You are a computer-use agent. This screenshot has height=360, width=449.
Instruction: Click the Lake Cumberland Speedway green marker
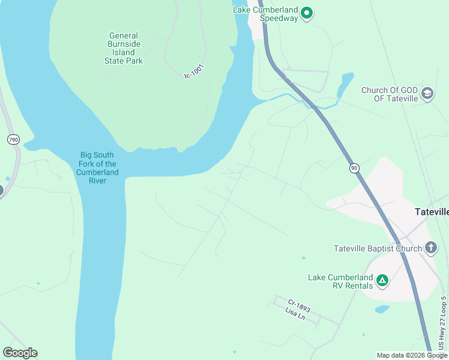pos(307,13)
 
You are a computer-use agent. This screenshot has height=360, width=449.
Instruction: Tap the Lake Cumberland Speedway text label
pos(265,14)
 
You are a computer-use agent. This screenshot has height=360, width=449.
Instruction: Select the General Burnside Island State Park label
pos(124,49)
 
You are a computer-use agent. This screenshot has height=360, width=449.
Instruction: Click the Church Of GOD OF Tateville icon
pos(427,92)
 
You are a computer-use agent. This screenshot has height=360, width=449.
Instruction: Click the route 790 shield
pos(13,139)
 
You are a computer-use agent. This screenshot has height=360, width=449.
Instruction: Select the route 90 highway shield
pos(354,168)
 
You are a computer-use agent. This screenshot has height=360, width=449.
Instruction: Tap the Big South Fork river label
pos(98,168)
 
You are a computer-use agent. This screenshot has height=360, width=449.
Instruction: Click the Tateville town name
pos(432,212)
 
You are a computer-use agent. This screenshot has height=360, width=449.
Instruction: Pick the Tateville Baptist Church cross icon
pos(430,247)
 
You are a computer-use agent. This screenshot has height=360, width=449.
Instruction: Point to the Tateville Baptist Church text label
pos(378,248)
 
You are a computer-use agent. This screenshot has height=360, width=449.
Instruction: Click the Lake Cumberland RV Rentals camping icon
pos(382,280)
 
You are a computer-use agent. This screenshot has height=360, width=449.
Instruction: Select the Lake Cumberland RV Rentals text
pos(340,281)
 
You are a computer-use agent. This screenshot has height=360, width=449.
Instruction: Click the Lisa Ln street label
pos(295,314)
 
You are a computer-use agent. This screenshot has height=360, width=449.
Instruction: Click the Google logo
pos(20,353)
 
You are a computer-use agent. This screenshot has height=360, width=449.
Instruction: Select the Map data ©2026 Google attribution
pos(411,355)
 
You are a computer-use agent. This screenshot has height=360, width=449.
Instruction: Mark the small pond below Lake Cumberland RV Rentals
pos(382,309)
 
